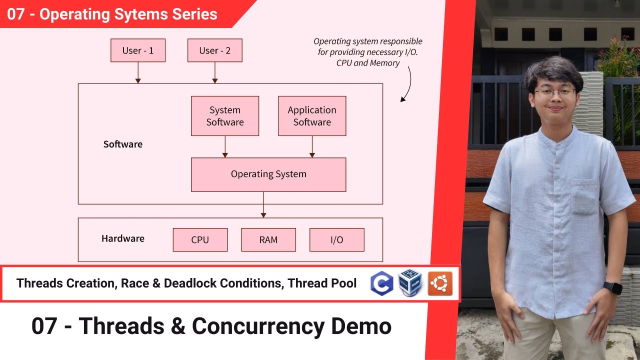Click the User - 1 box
(x=138, y=50)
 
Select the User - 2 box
(x=214, y=50)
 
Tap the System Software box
(x=225, y=116)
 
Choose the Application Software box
(x=312, y=116)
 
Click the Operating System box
(x=268, y=174)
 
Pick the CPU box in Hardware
(x=200, y=240)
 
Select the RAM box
(x=268, y=240)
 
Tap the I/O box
(x=337, y=240)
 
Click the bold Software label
(x=123, y=144)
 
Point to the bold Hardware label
(x=123, y=238)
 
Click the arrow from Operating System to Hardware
(x=263, y=204)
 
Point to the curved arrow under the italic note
(x=407, y=85)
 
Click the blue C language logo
(x=381, y=283)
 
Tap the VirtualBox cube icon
(x=410, y=283)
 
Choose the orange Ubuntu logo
(x=440, y=283)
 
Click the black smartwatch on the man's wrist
(x=612, y=288)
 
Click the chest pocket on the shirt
(x=584, y=197)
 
